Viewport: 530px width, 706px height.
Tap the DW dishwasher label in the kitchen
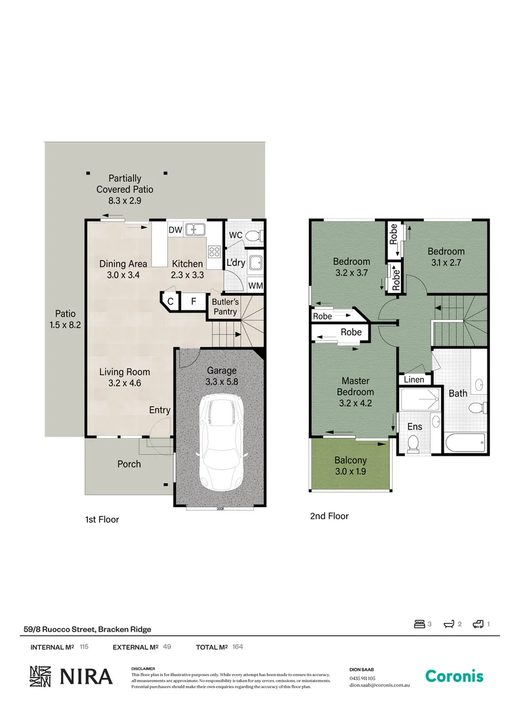point(175,230)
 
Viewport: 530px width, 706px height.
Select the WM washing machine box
point(255,286)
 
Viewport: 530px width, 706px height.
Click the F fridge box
point(193,302)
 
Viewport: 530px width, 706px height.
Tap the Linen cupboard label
point(414,380)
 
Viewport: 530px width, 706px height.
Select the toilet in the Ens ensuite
point(413,444)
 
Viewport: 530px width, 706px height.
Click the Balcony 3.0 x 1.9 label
point(350,466)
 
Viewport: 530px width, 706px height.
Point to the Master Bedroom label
point(355,392)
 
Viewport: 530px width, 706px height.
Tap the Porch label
point(129,464)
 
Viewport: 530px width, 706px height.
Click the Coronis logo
point(454,676)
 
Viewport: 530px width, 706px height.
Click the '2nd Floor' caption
point(329,516)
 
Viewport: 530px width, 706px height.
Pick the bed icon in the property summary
point(419,624)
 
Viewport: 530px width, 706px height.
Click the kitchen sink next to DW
point(194,229)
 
